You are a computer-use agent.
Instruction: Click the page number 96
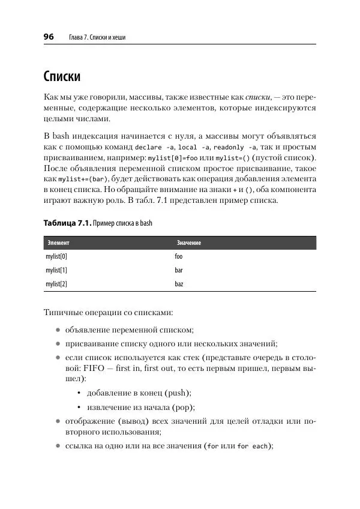[49, 37]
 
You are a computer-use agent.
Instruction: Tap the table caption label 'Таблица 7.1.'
[67, 223]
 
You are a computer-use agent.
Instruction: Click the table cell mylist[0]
[56, 256]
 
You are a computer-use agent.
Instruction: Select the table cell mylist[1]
[56, 270]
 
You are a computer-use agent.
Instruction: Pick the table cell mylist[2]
[56, 284]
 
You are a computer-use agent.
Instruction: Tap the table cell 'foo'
[178, 256]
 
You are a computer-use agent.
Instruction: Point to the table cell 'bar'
[178, 270]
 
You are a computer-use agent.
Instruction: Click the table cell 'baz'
[178, 284]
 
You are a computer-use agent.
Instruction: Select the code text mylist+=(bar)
[83, 179]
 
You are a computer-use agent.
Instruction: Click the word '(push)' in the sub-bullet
[176, 393]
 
